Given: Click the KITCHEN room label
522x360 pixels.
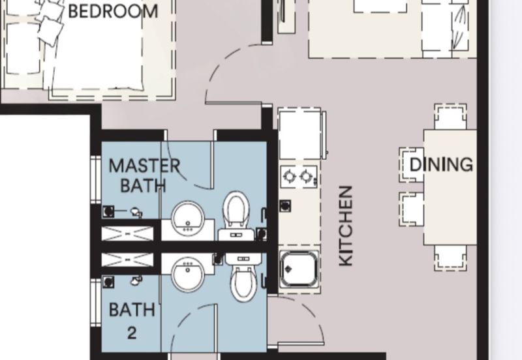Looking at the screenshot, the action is pyautogui.click(x=346, y=226).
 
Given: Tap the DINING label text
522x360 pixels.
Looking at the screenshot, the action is pyautogui.click(x=441, y=164).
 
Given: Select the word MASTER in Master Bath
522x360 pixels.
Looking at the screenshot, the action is pyautogui.click(x=145, y=166).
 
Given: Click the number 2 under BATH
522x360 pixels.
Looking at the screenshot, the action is pyautogui.click(x=132, y=333).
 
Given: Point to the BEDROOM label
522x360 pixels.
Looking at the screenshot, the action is pyautogui.click(x=113, y=11).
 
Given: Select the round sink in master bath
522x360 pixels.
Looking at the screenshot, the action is pyautogui.click(x=188, y=217).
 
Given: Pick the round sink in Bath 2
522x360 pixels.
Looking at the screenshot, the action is pyautogui.click(x=188, y=275).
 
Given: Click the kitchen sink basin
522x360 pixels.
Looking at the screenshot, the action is pyautogui.click(x=299, y=269).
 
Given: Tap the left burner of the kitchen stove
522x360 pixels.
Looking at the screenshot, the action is pyautogui.click(x=289, y=176).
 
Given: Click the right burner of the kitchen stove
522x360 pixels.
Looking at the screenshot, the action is pyautogui.click(x=306, y=176).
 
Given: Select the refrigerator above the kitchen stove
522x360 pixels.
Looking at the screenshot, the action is pyautogui.click(x=300, y=134).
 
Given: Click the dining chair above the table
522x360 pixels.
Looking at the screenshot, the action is pyautogui.click(x=450, y=117).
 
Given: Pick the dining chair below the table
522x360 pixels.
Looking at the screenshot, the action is pyautogui.click(x=450, y=258).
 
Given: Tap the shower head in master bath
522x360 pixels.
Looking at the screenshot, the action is pyautogui.click(x=136, y=212).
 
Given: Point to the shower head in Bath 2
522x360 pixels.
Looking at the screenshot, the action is pyautogui.click(x=136, y=280).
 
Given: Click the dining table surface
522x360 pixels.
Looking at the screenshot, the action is pyautogui.click(x=450, y=187).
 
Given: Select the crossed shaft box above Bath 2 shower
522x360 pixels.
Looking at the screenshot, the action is pyautogui.click(x=127, y=260).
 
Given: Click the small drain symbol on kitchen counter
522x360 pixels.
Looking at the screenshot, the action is pyautogui.click(x=285, y=205).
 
